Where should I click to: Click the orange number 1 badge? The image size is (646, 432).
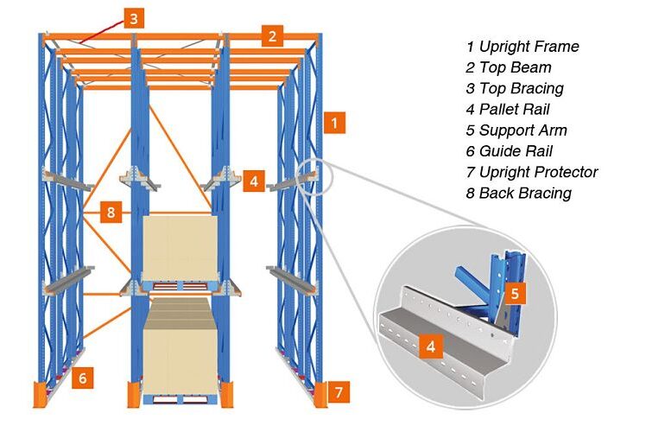tap(334, 123)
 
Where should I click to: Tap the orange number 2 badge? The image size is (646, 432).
tap(273, 35)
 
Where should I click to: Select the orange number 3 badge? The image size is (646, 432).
tap(133, 17)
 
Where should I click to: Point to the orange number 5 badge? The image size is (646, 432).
tap(83, 377)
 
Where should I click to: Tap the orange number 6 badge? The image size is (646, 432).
tap(339, 393)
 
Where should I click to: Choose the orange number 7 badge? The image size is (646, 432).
tap(110, 211)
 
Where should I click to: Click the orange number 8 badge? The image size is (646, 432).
tap(110, 211)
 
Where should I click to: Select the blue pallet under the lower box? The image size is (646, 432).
tap(180, 399)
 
